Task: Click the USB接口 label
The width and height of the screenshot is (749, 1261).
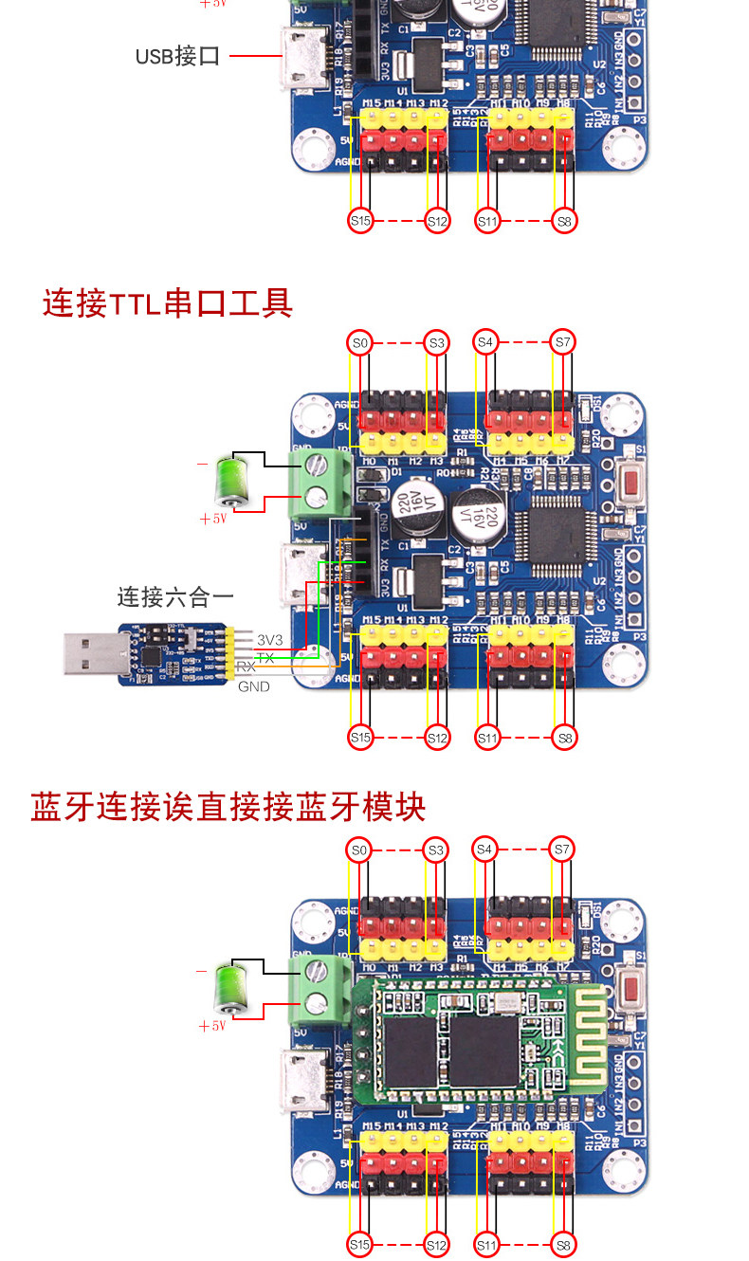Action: click(x=177, y=56)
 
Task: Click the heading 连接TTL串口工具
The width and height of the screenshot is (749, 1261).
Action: click(x=168, y=303)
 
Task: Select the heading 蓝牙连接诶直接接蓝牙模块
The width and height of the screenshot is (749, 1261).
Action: click(x=228, y=808)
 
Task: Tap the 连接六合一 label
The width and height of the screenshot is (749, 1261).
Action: click(x=175, y=596)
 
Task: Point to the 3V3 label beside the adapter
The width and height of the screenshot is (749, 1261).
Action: click(x=270, y=640)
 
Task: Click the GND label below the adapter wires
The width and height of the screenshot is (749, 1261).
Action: click(x=253, y=686)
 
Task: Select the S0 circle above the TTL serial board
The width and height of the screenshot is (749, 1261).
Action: click(x=359, y=342)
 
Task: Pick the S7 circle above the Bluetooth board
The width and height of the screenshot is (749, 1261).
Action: click(x=563, y=850)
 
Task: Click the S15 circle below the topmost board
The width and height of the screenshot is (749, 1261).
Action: click(x=359, y=221)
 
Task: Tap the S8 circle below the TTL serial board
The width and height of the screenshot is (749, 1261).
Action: click(x=563, y=737)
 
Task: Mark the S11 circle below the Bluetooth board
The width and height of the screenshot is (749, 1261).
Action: click(x=486, y=1244)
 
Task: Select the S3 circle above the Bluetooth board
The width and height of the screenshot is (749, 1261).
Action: click(x=436, y=850)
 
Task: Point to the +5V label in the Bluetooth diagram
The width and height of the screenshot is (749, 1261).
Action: click(x=212, y=1026)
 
